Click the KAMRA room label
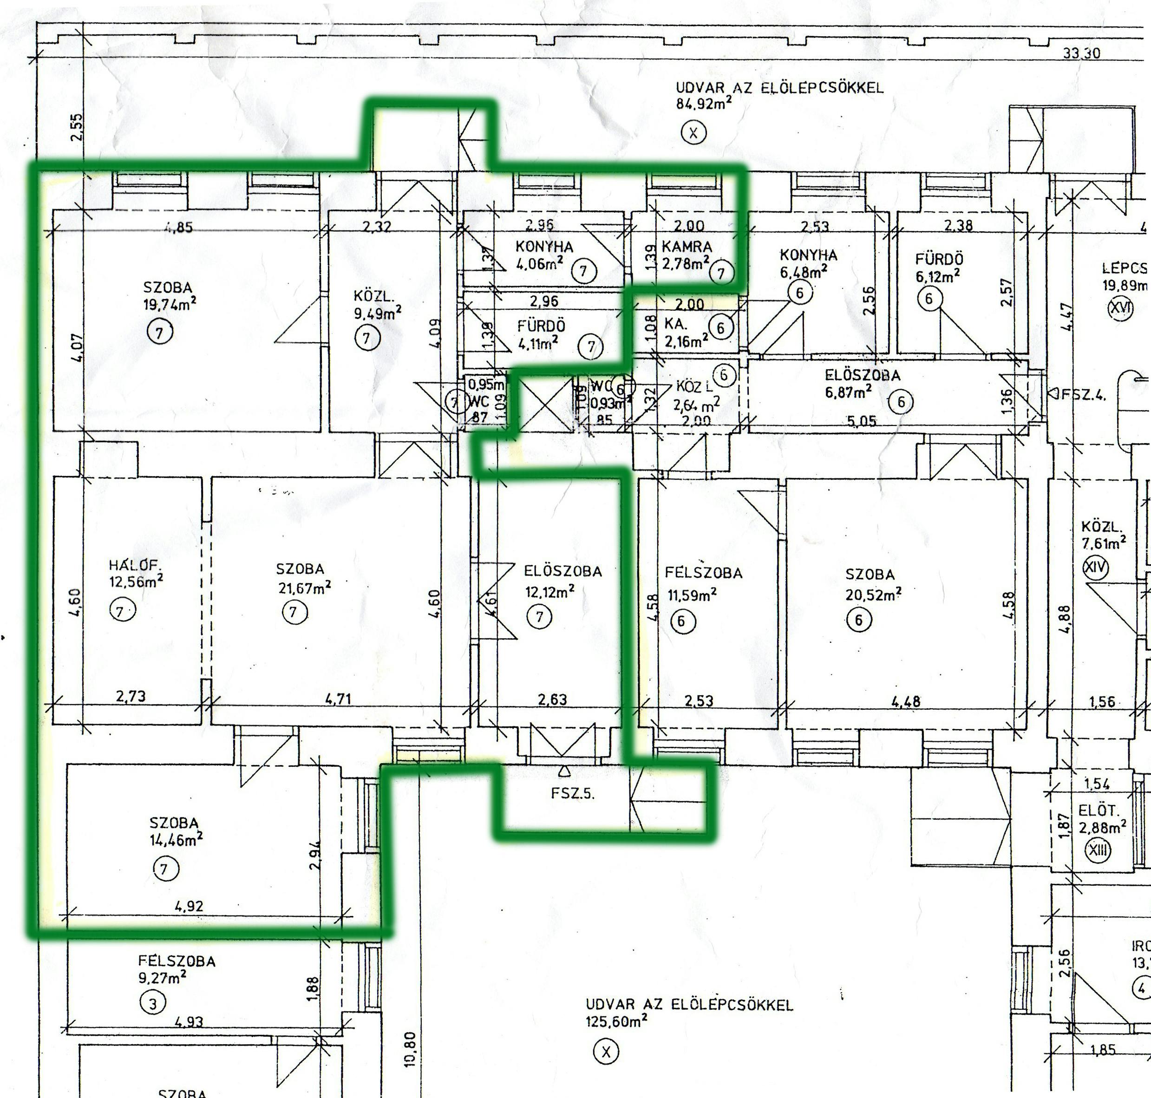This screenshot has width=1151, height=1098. tap(686, 247)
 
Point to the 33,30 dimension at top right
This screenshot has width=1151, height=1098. tap(1081, 53)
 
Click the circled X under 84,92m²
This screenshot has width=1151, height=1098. tap(693, 133)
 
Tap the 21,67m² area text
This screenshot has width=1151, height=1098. tap(304, 587)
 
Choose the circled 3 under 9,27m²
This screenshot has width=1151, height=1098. tap(153, 1004)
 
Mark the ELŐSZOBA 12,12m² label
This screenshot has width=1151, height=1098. tap(562, 571)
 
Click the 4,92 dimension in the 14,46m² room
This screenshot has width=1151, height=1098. tap(189, 907)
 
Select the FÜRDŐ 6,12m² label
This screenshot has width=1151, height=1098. tap(939, 259)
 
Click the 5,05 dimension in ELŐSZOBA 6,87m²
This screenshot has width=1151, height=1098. tap(861, 421)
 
